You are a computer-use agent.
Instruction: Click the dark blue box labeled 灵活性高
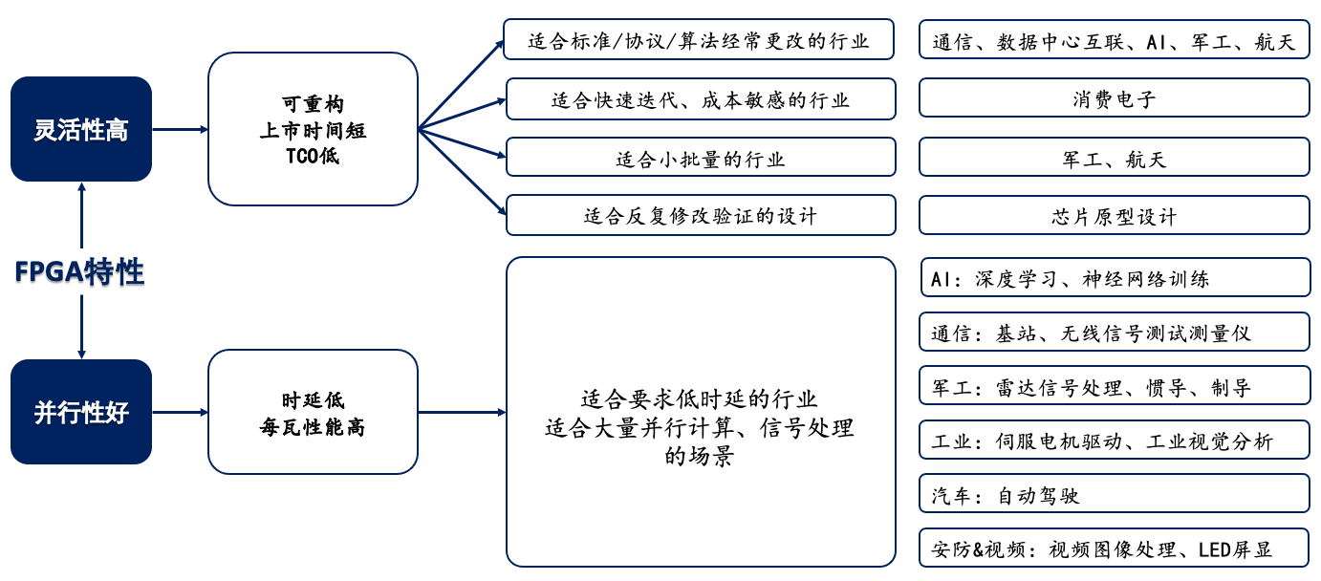(81, 129)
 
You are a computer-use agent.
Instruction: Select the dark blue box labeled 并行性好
(81, 412)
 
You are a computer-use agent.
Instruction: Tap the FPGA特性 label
(80, 272)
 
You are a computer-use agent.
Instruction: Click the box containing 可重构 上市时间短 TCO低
(313, 129)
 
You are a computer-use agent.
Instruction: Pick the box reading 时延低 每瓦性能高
(313, 412)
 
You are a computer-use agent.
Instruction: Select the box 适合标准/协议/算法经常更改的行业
(699, 40)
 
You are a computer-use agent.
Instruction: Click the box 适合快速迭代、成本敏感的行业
(701, 99)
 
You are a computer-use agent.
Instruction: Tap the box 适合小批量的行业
(701, 158)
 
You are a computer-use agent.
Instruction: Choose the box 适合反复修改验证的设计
(701, 215)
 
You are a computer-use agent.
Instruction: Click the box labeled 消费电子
(1114, 98)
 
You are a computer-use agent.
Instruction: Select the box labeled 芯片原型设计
(1114, 216)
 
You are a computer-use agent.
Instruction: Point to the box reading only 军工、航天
(1114, 158)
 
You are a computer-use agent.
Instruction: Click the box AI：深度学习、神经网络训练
(1114, 278)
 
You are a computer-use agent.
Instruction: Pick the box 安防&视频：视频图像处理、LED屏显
(1114, 549)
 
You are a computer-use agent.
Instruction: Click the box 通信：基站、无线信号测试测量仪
(1114, 333)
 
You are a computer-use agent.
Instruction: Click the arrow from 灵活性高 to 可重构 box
(180, 129)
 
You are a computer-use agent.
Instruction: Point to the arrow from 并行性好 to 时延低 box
(180, 412)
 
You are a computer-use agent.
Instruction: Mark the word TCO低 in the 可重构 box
(313, 156)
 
